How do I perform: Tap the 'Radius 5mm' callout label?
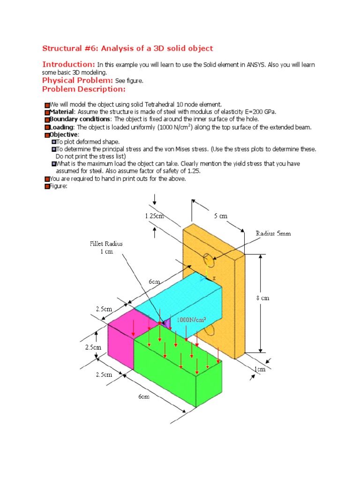pyautogui.click(x=273, y=233)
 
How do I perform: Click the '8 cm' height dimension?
pyautogui.click(x=263, y=298)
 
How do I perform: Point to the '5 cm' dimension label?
pyautogui.click(x=221, y=216)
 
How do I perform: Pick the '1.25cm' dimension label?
pyautogui.click(x=155, y=216)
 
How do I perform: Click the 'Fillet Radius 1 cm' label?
pyautogui.click(x=106, y=247)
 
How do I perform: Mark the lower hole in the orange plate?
pyautogui.click(x=209, y=330)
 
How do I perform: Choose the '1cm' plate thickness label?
pyautogui.click(x=260, y=370)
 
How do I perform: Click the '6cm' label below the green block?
pyautogui.click(x=144, y=397)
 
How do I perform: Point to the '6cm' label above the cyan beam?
pyautogui.click(x=155, y=282)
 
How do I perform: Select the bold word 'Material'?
pyautogui.click(x=62, y=112)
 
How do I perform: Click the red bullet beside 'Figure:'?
pyautogui.click(x=46, y=187)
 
